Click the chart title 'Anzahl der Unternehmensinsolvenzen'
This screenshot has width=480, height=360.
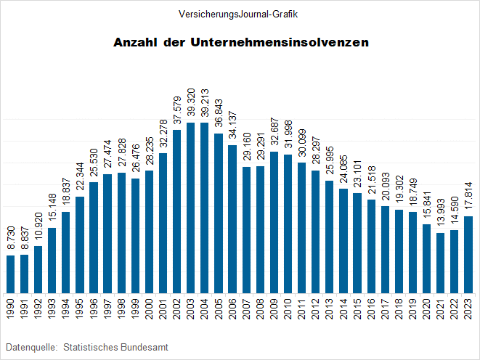(x=241, y=43)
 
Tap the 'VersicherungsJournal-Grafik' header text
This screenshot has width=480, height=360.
(x=241, y=14)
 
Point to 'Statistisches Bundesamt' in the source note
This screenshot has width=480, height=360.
(x=116, y=348)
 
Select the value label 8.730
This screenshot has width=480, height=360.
(x=10, y=238)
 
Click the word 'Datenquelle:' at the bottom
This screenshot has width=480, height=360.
(x=31, y=348)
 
